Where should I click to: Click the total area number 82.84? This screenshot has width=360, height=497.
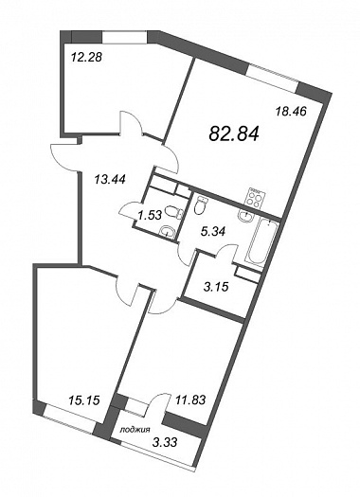(x=234, y=133)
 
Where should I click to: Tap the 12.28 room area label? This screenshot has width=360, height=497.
(x=86, y=58)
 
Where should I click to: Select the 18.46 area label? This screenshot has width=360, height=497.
(x=291, y=112)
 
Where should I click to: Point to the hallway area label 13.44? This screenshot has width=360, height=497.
(x=110, y=180)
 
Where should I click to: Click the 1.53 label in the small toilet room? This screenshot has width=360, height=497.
(x=150, y=215)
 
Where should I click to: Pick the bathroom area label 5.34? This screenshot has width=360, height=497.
(x=214, y=232)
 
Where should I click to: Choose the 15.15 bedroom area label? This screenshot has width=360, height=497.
(x=84, y=400)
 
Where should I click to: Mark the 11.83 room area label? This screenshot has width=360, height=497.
(x=189, y=399)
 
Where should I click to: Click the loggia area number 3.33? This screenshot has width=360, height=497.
(x=165, y=441)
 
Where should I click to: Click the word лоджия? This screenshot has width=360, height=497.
(x=135, y=430)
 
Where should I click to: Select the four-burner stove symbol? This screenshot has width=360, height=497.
(x=256, y=197)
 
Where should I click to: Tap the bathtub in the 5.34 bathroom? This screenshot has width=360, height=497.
(x=261, y=242)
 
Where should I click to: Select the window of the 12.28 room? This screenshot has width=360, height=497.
(x=124, y=36)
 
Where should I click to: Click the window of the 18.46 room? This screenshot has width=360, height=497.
(x=273, y=74)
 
